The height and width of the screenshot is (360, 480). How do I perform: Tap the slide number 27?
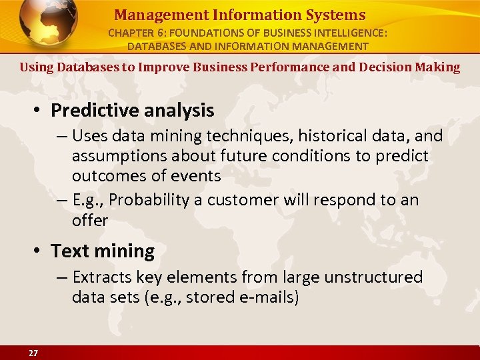tap(33, 353)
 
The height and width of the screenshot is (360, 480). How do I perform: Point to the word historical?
tap(330, 136)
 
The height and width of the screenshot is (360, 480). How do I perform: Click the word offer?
tap(90, 220)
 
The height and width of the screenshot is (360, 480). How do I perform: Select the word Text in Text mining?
tap(70, 251)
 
